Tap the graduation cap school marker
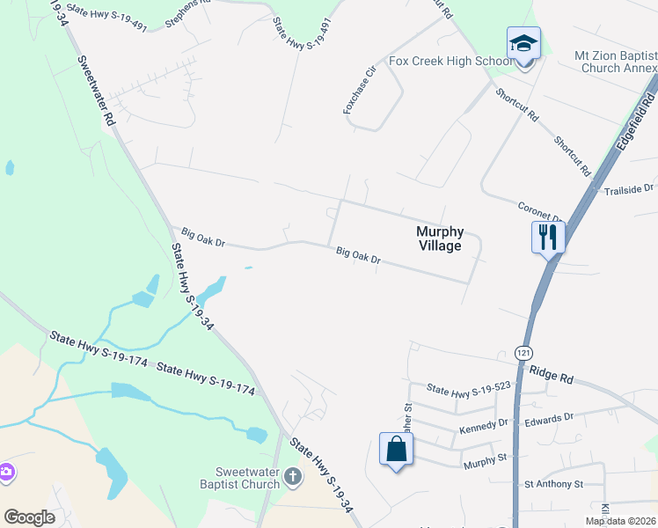click(523, 44)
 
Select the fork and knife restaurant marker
click(547, 236)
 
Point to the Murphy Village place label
click(439, 238)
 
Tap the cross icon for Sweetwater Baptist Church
click(293, 478)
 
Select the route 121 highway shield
click(524, 351)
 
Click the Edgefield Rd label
click(632, 128)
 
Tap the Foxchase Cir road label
click(359, 87)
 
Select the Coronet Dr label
click(539, 212)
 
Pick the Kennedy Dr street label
click(484, 426)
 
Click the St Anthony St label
click(553, 484)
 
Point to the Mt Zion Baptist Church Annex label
click(616, 62)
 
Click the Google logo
click(30, 517)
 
